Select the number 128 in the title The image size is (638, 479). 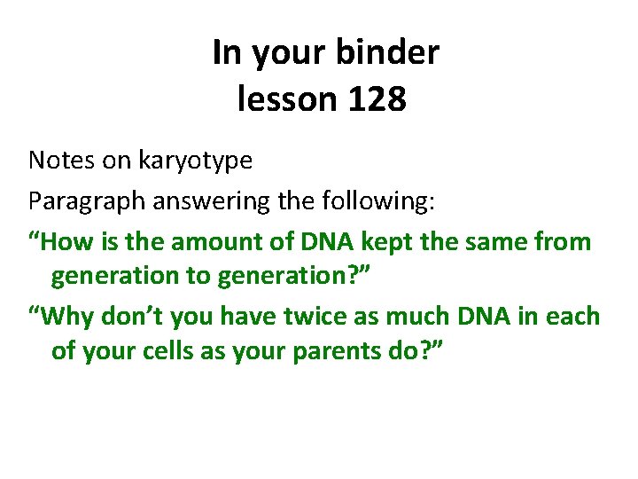tap(377, 99)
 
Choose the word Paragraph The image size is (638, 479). tap(87, 202)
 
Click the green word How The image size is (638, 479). tap(66, 241)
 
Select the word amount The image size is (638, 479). tap(214, 241)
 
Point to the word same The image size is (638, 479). tap(497, 241)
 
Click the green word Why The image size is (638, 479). tap(69, 316)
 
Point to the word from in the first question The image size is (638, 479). tap(564, 241)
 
